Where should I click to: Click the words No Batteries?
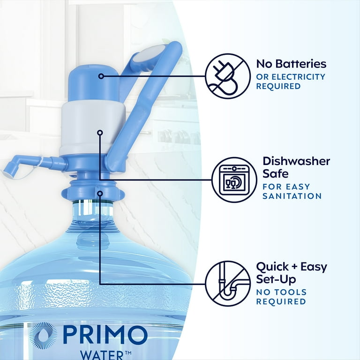click(x=291, y=64)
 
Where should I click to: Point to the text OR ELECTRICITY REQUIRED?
click(x=290, y=82)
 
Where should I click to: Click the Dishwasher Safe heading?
click(x=296, y=167)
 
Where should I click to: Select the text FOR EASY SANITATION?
click(x=292, y=191)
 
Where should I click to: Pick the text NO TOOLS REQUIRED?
click(x=281, y=297)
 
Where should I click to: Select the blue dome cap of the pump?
click(x=89, y=84)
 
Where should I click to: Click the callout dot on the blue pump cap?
click(x=100, y=76)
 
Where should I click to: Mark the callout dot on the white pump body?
click(x=99, y=133)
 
